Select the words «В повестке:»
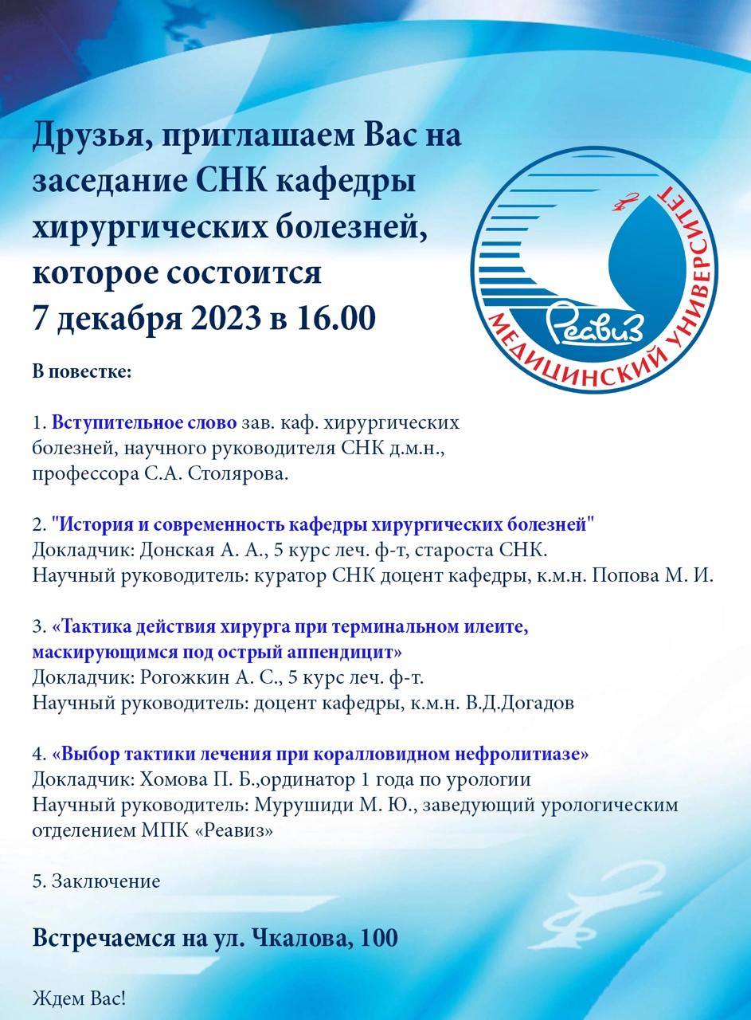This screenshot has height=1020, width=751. [x=81, y=371]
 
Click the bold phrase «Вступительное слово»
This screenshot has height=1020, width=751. [x=144, y=422]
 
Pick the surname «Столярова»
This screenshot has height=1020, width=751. [x=245, y=474]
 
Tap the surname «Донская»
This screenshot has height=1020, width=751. [x=172, y=550]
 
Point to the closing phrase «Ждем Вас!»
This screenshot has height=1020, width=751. [x=79, y=998]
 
